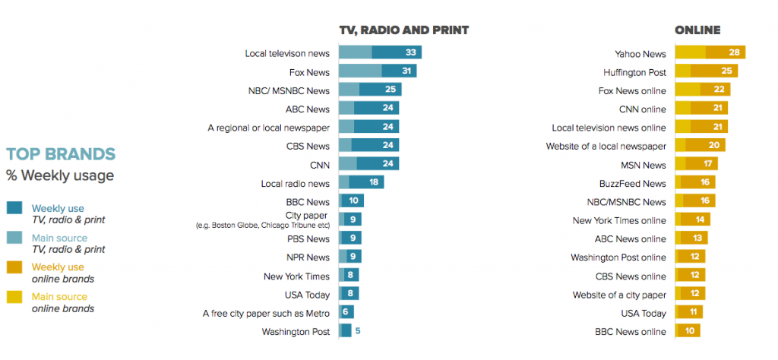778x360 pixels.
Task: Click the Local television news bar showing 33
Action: tap(380, 52)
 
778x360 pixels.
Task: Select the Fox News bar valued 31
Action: tap(378, 71)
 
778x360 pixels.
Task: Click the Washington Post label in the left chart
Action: tap(296, 331)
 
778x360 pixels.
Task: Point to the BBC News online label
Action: tap(631, 331)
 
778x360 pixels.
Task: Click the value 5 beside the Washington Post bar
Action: tap(359, 330)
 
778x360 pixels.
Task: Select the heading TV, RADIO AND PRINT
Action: tap(403, 30)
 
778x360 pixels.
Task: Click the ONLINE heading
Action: tap(697, 30)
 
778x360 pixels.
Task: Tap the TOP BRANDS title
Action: tap(61, 155)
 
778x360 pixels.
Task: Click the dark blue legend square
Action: tap(14, 208)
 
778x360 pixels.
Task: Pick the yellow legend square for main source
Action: tap(14, 297)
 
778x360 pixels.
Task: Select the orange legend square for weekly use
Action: tap(14, 267)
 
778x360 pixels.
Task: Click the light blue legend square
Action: tap(14, 238)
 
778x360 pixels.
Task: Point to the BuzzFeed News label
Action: tap(632, 183)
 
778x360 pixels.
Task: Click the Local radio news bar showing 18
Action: tap(361, 182)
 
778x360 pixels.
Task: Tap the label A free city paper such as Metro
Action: tap(266, 312)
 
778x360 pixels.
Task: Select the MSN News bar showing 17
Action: tap(697, 164)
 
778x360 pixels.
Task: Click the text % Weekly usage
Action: tap(60, 176)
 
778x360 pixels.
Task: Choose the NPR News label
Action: tap(308, 257)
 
